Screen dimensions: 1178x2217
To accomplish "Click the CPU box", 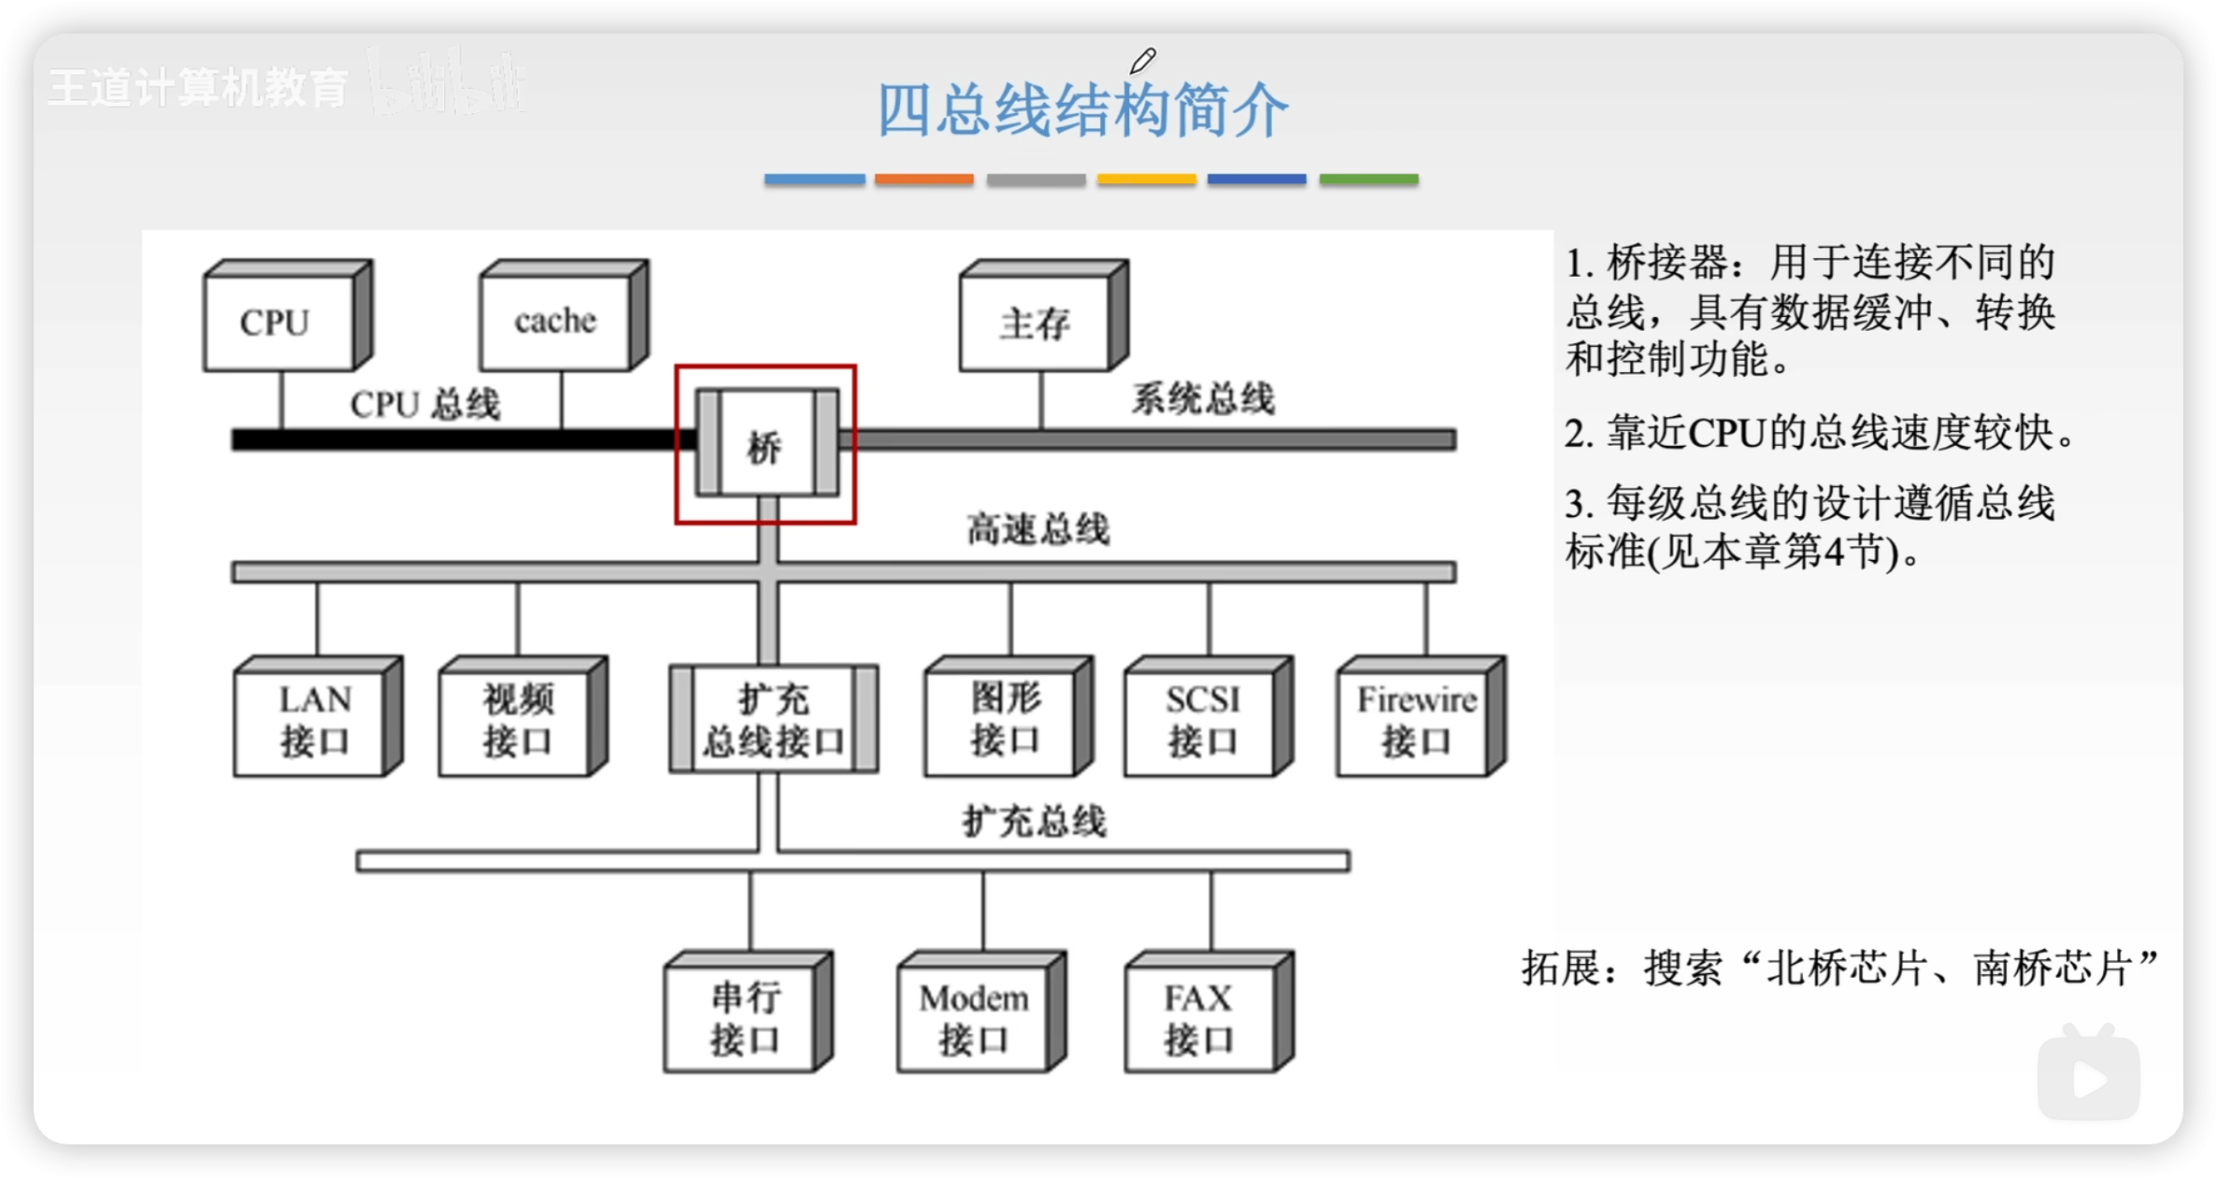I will [279, 322].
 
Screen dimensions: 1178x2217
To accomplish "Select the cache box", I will [555, 322].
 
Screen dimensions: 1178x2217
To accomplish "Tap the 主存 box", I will [1035, 323].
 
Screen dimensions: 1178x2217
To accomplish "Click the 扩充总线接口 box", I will [774, 721].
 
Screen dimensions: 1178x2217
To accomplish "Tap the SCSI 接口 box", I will [1202, 721].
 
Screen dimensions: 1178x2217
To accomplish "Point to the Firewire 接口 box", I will [1415, 721].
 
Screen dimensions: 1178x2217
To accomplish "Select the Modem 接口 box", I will [974, 1017].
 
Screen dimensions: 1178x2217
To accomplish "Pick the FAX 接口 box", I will [1200, 1017].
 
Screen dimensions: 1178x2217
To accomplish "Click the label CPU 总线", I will [425, 405].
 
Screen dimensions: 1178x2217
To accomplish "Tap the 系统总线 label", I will [1203, 399].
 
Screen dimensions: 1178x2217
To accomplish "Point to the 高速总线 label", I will [1037, 529].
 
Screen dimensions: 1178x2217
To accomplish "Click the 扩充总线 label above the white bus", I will [1035, 822].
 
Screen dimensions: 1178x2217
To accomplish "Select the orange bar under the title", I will [923, 179].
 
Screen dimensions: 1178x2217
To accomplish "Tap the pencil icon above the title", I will [1142, 61].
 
